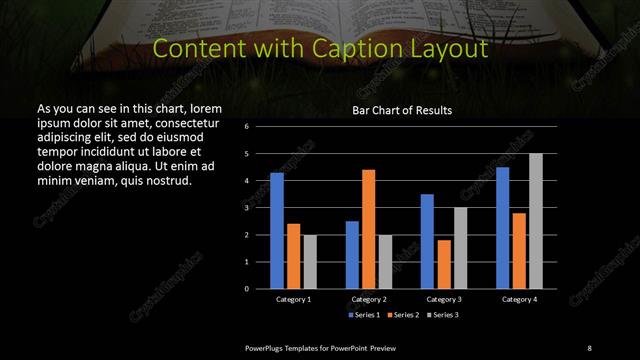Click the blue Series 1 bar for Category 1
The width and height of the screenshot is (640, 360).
[x=277, y=231]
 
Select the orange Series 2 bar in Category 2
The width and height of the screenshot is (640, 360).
[x=369, y=229]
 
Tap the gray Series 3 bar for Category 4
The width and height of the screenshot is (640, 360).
[x=536, y=221]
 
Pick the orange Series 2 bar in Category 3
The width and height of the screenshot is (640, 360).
[x=444, y=264]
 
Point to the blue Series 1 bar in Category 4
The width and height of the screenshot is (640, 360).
[x=503, y=228]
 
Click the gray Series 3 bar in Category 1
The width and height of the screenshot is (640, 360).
[x=309, y=262]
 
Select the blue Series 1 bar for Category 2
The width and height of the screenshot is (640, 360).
[x=352, y=255]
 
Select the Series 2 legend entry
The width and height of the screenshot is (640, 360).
[x=403, y=315]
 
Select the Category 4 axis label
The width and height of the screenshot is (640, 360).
[x=519, y=299]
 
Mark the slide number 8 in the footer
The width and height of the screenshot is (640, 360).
[x=589, y=347]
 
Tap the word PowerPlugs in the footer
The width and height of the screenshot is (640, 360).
[x=267, y=347]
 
